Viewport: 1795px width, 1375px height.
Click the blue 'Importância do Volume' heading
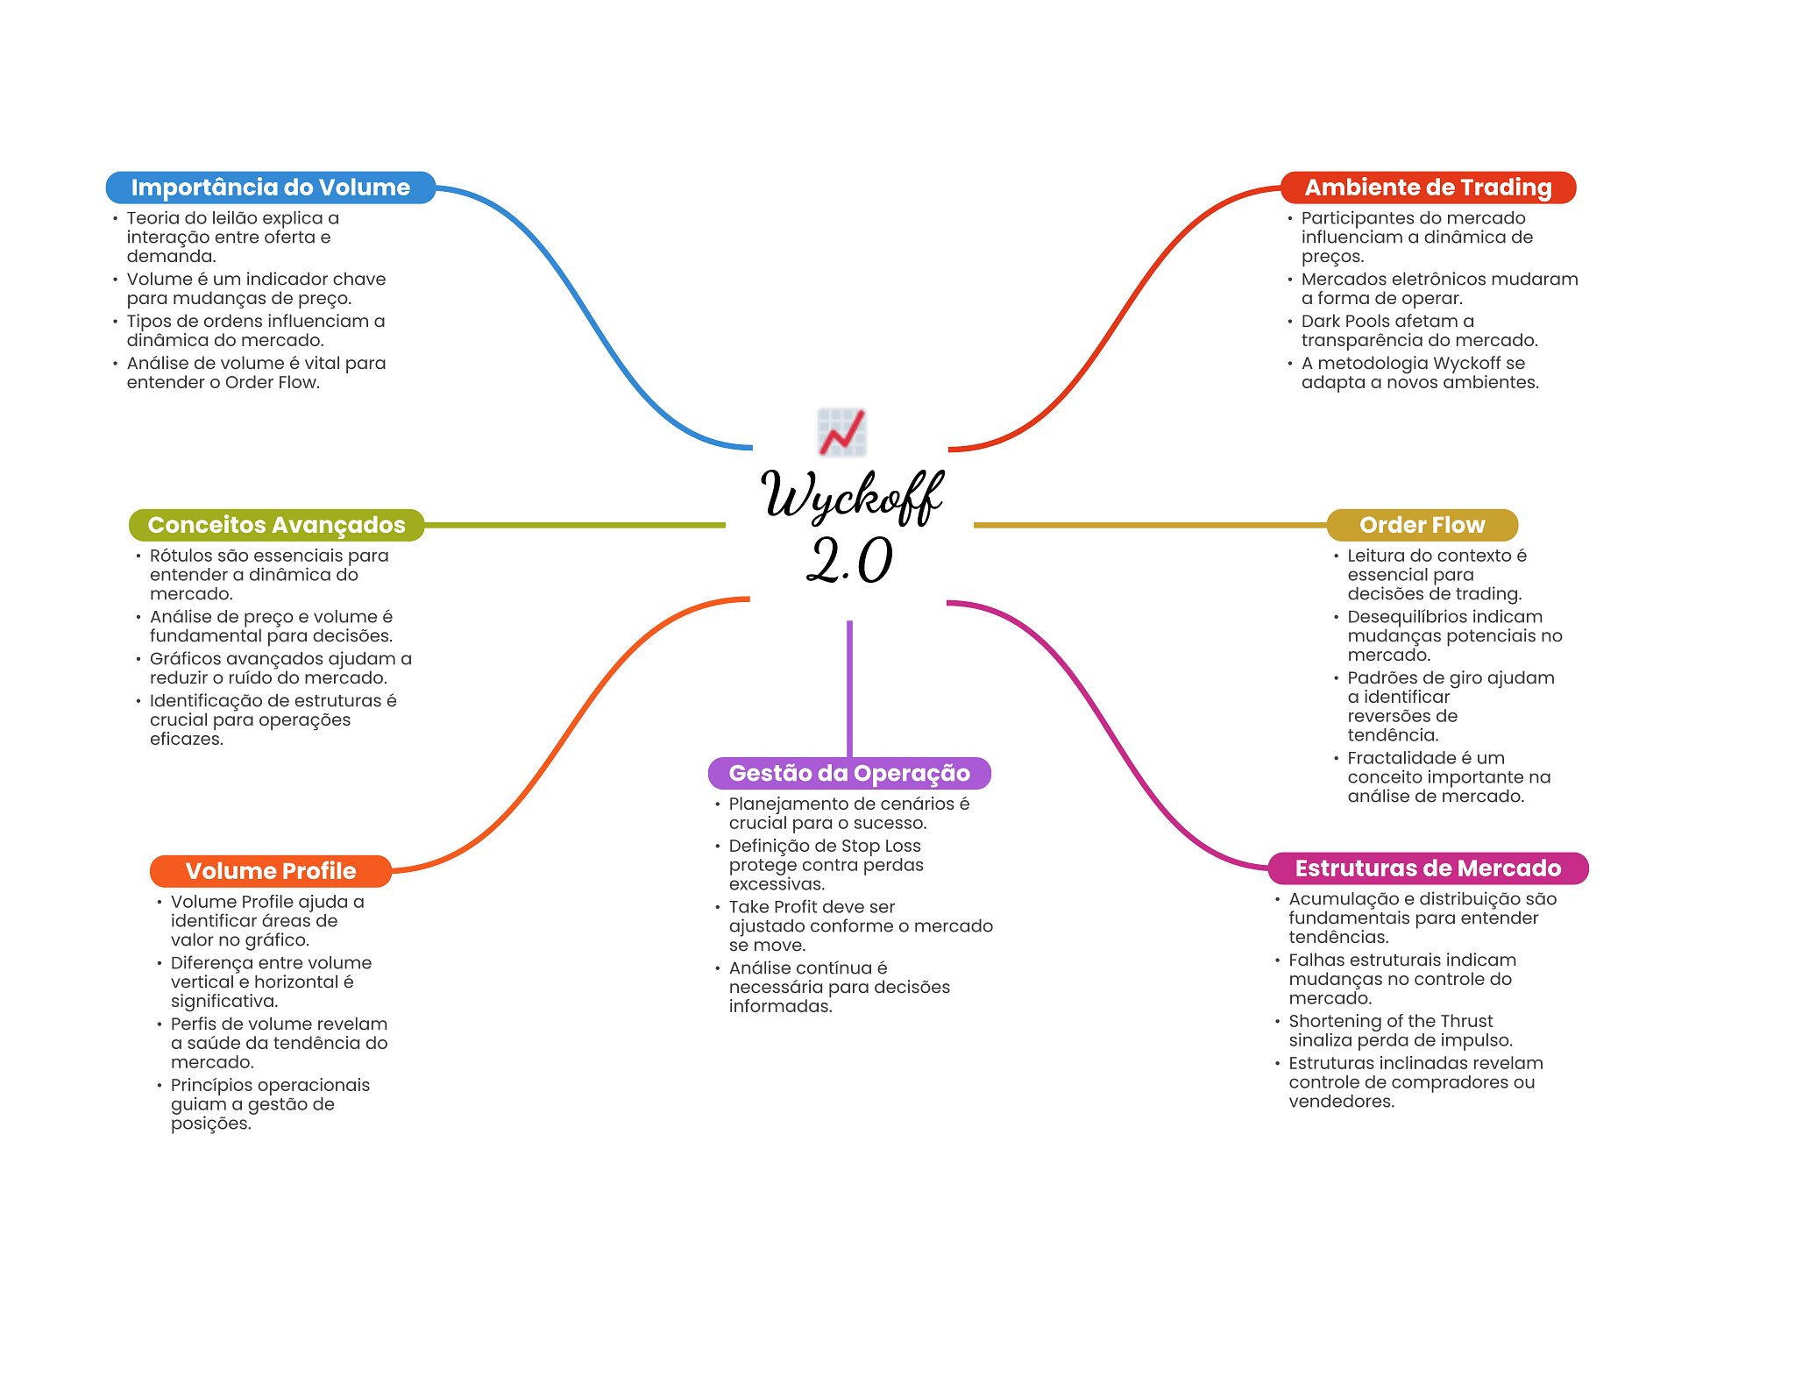click(270, 188)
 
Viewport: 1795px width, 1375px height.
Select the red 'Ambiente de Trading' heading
click(1427, 188)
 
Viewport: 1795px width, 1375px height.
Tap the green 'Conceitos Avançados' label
click(276, 525)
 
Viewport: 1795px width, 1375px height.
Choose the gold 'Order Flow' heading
click(1422, 525)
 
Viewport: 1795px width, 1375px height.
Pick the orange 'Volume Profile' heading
click(270, 871)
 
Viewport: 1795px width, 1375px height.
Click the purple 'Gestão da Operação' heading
click(848, 773)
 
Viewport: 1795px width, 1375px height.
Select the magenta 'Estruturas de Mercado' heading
click(1428, 868)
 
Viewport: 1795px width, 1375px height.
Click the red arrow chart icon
click(841, 432)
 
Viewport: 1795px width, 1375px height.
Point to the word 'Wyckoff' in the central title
click(850, 496)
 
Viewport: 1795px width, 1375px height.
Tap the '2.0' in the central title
click(848, 560)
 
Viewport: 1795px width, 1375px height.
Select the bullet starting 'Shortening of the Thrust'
click(1390, 1022)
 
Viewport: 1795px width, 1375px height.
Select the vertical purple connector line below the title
click(849, 688)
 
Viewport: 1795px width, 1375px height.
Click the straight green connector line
click(574, 525)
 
